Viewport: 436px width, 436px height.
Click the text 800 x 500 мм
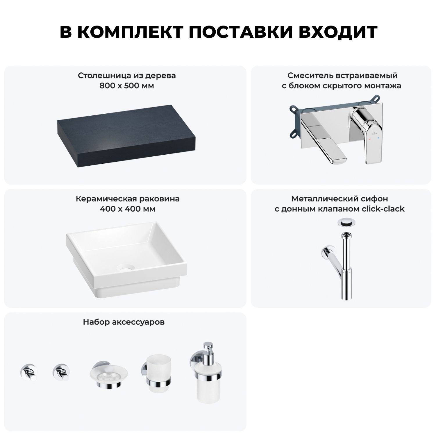click(127, 86)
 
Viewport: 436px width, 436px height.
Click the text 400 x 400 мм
click(128, 209)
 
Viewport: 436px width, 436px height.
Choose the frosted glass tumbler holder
click(156, 375)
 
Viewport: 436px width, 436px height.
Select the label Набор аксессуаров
click(124, 322)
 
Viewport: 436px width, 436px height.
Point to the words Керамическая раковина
click(128, 199)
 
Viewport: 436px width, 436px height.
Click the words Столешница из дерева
click(127, 76)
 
